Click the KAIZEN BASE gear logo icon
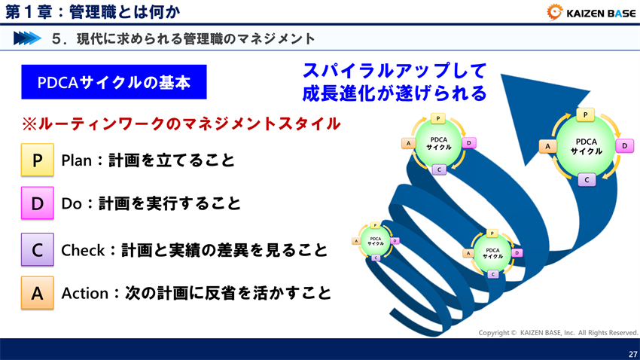tap(555, 12)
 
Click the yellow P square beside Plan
tap(37, 160)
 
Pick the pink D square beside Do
tap(37, 203)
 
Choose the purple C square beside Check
tap(37, 250)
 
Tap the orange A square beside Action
tap(37, 294)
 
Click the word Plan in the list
tap(76, 160)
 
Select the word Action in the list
tap(84, 294)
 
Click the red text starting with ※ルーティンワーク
tap(181, 124)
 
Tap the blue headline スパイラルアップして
tap(394, 71)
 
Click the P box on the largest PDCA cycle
tap(586, 114)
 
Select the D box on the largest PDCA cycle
tap(623, 146)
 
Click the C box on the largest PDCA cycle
tap(586, 179)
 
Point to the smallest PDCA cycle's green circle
tap(375, 241)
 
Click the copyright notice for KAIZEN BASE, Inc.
tap(558, 332)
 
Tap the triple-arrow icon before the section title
tap(26, 38)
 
